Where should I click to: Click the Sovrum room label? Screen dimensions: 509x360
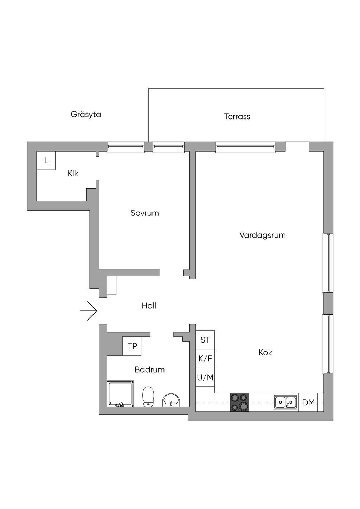pos(144,213)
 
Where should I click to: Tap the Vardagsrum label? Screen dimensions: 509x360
pos(262,235)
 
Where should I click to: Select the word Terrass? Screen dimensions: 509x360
pos(237,116)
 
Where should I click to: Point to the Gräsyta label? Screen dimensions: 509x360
pos(86,114)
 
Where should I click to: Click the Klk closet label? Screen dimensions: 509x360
pos(73,174)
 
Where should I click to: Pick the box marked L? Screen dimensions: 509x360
pos(46,161)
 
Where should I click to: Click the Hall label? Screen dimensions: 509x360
pos(149,306)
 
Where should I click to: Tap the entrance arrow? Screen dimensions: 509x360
pos(89,311)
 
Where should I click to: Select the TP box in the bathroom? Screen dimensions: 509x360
pos(132,346)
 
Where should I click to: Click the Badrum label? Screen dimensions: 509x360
pos(149,369)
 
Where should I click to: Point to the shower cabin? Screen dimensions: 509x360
pos(120,394)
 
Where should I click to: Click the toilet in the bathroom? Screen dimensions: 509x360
pos(148,396)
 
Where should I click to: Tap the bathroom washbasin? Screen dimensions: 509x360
pos(171,400)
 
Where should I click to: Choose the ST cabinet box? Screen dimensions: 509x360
pos(205,340)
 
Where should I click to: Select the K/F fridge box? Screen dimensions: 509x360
pos(205,359)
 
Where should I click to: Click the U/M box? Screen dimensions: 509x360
pos(205,378)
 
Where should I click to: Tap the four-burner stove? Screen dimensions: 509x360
pos(239,402)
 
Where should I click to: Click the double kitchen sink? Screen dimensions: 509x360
pos(285,402)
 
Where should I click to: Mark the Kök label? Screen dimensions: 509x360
pos(265,352)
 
